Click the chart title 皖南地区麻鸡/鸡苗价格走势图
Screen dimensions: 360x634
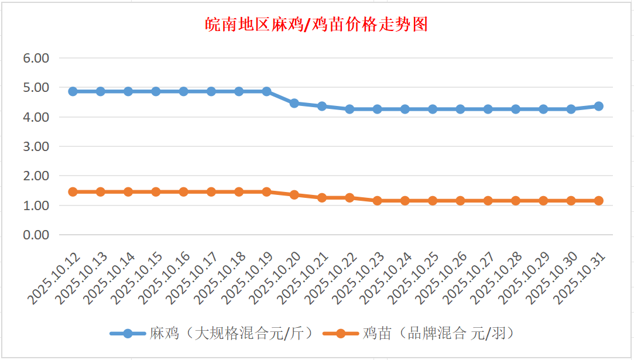click(x=317, y=25)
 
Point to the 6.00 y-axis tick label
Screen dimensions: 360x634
click(x=36, y=59)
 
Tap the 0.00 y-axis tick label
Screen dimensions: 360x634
click(x=36, y=235)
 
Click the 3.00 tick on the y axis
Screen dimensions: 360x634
click(x=36, y=146)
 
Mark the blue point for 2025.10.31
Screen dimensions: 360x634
click(x=598, y=106)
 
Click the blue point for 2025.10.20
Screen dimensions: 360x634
click(x=294, y=103)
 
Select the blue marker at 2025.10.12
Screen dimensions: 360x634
click(x=73, y=91)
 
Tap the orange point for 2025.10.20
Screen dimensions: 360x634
click(x=294, y=195)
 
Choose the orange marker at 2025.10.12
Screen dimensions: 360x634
click(x=73, y=192)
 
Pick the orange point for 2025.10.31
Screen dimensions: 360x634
click(x=598, y=201)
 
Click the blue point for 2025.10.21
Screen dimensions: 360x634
click(x=322, y=106)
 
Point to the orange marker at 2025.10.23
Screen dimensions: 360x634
click(x=377, y=201)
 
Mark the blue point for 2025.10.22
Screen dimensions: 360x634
click(x=349, y=109)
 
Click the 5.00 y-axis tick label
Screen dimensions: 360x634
click(x=36, y=88)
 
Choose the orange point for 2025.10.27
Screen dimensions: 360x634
click(x=488, y=201)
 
